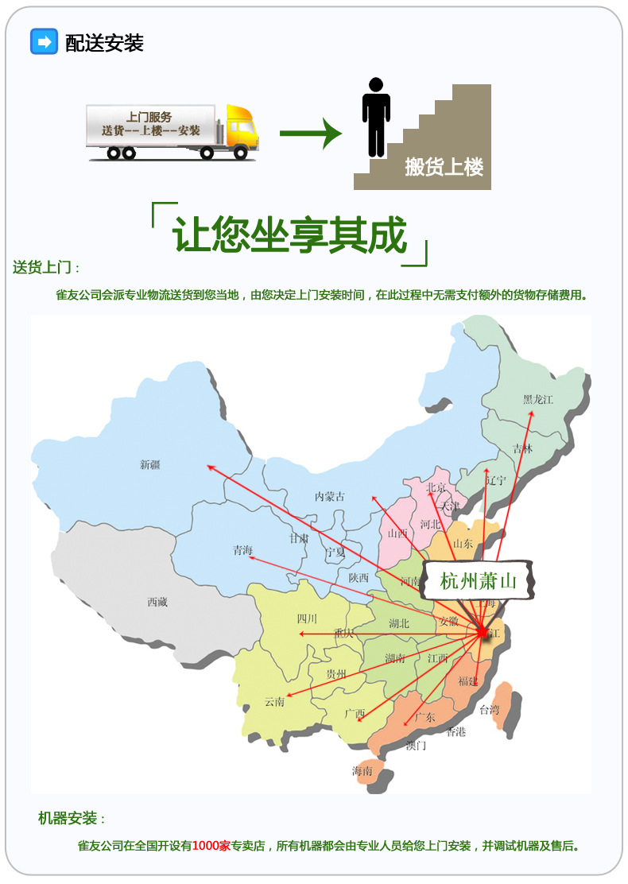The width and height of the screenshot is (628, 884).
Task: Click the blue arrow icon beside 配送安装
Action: pos(44,41)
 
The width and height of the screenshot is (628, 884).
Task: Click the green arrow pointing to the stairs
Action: pos(310,133)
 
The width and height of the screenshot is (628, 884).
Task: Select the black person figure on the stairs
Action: pos(376,114)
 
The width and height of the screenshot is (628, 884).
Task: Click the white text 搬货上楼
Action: pos(444,167)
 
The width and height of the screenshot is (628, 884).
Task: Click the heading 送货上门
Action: pos(45,268)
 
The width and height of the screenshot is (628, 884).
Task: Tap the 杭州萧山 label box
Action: pos(479,581)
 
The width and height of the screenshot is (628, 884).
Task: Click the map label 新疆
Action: pos(150,465)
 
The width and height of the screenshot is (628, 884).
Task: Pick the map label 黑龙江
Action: pos(537,399)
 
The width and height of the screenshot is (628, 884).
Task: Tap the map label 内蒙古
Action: pos(330,497)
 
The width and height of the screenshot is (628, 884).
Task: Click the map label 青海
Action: pos(243,550)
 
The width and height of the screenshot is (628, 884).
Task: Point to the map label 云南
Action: pos(274,701)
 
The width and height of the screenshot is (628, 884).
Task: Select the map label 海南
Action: pos(362,770)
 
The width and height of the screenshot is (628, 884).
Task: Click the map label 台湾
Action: pos(488,709)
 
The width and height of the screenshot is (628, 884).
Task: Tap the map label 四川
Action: pos(307,618)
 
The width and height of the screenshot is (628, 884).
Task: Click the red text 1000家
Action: pos(211,846)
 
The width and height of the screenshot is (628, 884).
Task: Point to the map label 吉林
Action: pos(522,448)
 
